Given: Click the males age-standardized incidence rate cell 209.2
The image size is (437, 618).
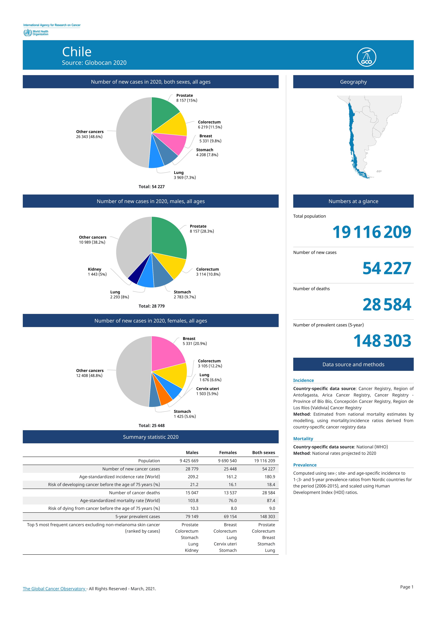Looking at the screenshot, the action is pos(193,477).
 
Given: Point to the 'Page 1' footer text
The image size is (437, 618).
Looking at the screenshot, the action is pos(407,587).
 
